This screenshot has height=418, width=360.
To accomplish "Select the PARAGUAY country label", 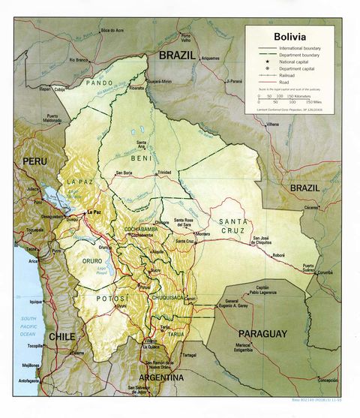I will (263, 332).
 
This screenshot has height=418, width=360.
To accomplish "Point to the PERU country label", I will (34, 161).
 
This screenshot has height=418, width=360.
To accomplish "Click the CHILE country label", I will (61, 337).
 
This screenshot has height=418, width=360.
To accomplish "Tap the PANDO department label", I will (99, 83).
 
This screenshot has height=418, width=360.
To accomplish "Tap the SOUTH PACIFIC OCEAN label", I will (30, 325).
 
